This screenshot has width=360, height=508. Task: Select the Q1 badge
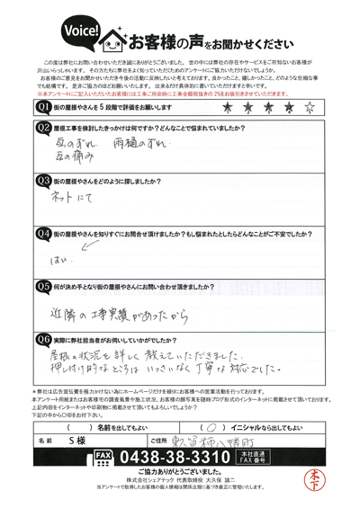[x=42, y=107]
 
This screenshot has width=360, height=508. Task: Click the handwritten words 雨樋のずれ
[x=139, y=145]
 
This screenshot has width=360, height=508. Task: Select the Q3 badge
[x=42, y=181]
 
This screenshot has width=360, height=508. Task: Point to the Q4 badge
[x=42, y=233]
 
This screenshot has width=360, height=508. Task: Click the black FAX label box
[x=104, y=457]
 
